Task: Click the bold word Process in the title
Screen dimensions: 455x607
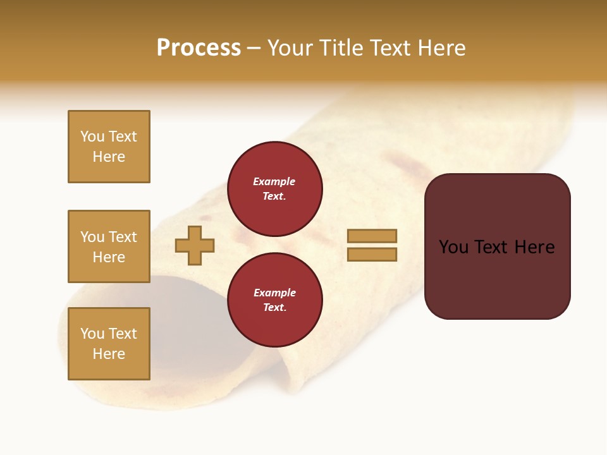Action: pyautogui.click(x=199, y=48)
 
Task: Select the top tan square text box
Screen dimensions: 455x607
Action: pyautogui.click(x=109, y=147)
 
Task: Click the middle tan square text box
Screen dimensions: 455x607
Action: pyautogui.click(x=109, y=246)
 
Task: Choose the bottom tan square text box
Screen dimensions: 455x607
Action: pyautogui.click(x=109, y=343)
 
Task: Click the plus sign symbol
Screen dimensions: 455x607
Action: pyautogui.click(x=195, y=245)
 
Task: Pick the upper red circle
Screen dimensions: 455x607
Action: pyautogui.click(x=274, y=189)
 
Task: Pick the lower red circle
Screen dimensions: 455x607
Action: pyautogui.click(x=274, y=300)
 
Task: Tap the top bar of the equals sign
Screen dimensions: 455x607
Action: pyautogui.click(x=372, y=236)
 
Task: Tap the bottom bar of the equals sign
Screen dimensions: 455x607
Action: pyautogui.click(x=372, y=255)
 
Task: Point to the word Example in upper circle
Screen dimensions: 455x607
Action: pyautogui.click(x=274, y=181)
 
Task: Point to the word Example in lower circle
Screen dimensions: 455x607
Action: pyautogui.click(x=274, y=293)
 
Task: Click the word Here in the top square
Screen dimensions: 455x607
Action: pyautogui.click(x=109, y=157)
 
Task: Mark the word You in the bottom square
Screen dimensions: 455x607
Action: pyautogui.click(x=92, y=334)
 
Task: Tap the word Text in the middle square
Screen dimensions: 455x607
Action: pyautogui.click(x=122, y=237)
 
